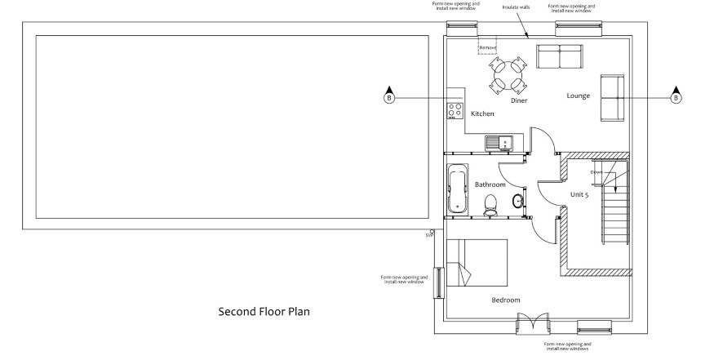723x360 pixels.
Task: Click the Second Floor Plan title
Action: pyautogui.click(x=264, y=311)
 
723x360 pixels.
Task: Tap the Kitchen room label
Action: pyautogui.click(x=482, y=113)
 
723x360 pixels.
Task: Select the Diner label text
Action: pyautogui.click(x=519, y=100)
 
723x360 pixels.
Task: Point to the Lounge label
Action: pyautogui.click(x=578, y=96)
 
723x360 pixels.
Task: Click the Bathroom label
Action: pyautogui.click(x=490, y=184)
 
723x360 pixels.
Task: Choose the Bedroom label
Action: pyautogui.click(x=505, y=300)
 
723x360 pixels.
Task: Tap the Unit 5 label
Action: pyautogui.click(x=580, y=194)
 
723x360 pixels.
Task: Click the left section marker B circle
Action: pyautogui.click(x=388, y=98)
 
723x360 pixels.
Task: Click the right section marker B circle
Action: pyautogui.click(x=675, y=98)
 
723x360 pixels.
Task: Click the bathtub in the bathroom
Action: pyautogui.click(x=456, y=188)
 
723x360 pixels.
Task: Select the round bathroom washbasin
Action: pyautogui.click(x=518, y=201)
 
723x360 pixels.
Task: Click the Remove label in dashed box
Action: pyautogui.click(x=487, y=47)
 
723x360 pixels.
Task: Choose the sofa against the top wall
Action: pyautogui.click(x=559, y=56)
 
